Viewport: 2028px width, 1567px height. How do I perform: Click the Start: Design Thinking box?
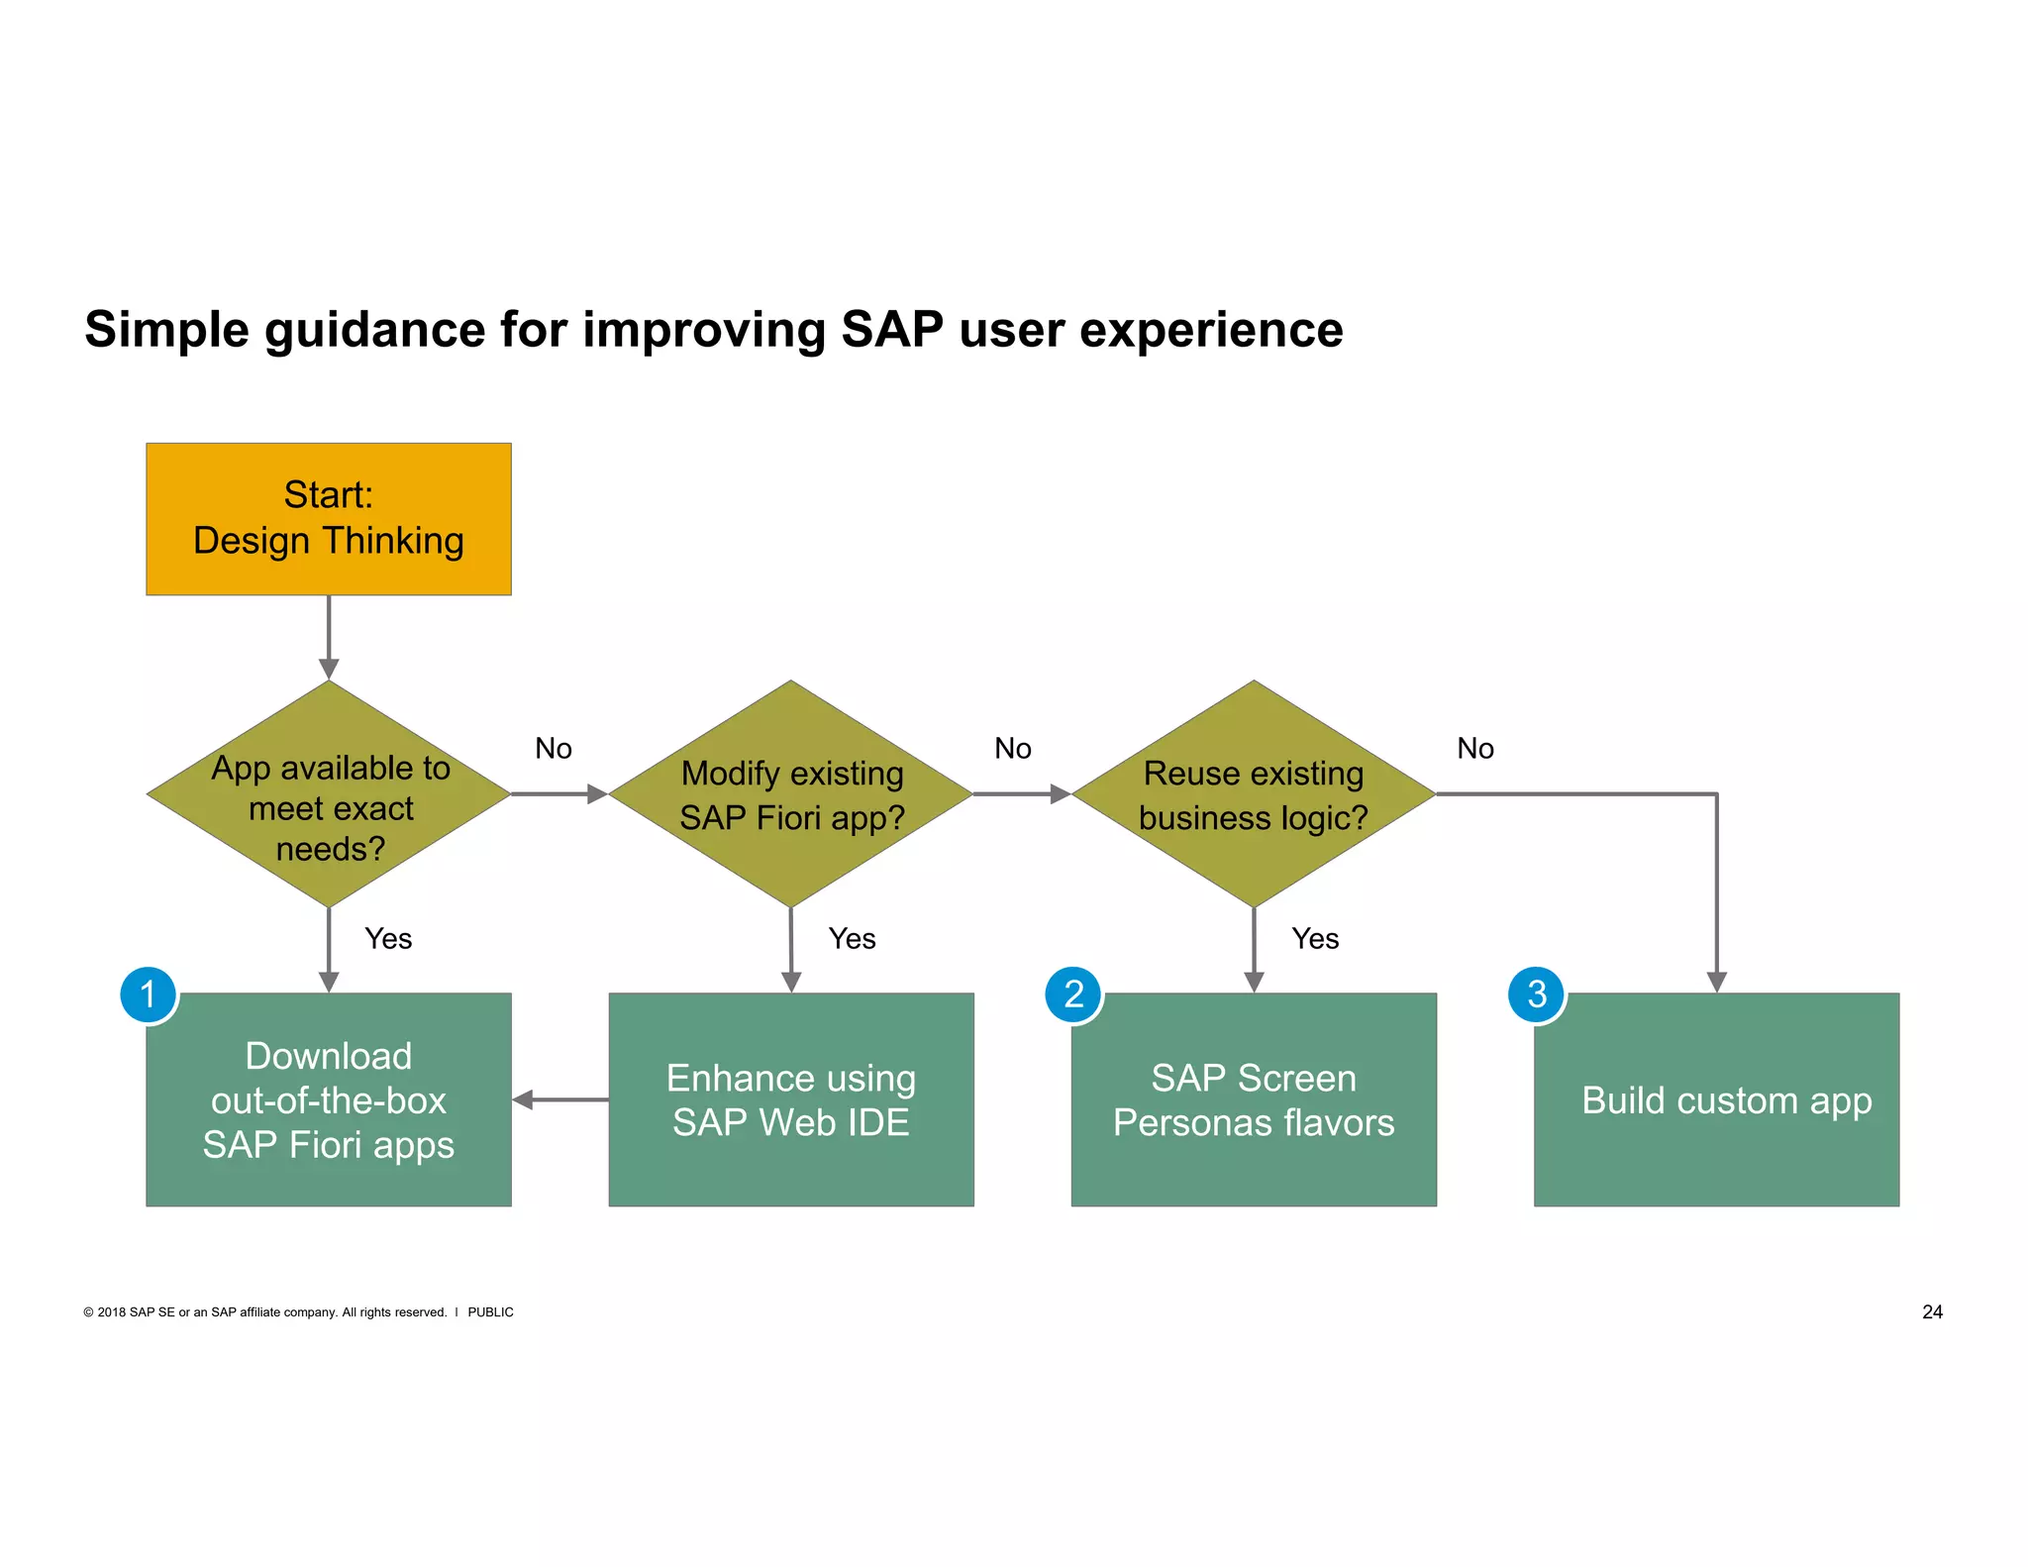pos(328,518)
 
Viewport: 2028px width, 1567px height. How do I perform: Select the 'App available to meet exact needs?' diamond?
pos(328,793)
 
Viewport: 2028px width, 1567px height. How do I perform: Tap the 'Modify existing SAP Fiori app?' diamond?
pos(790,793)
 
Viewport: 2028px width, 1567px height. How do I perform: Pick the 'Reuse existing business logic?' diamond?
pos(1253,793)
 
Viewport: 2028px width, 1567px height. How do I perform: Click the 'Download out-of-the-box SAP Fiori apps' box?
pos(328,1099)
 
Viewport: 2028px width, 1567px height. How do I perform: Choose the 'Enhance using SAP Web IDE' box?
pos(790,1099)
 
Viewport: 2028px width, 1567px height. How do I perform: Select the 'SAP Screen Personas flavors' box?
pos(1253,1099)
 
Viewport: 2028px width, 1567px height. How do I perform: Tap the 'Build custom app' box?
pos(1716,1099)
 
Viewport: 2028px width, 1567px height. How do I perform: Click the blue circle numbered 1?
pos(149,994)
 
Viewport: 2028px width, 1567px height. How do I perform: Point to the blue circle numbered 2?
pos(1073,994)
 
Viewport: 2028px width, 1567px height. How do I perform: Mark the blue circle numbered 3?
pos(1536,994)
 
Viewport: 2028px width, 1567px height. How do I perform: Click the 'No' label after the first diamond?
pos(554,748)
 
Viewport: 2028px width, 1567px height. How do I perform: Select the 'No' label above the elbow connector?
pos(1474,748)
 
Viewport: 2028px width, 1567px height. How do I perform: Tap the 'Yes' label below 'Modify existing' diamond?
pos(852,938)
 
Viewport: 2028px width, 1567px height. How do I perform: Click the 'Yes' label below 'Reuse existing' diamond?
pos(1315,938)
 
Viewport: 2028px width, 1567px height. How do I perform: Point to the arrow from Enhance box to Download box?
pos(559,1099)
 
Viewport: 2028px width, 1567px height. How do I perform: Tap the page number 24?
pos(1932,1311)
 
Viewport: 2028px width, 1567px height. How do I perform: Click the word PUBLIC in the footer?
pos(490,1312)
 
